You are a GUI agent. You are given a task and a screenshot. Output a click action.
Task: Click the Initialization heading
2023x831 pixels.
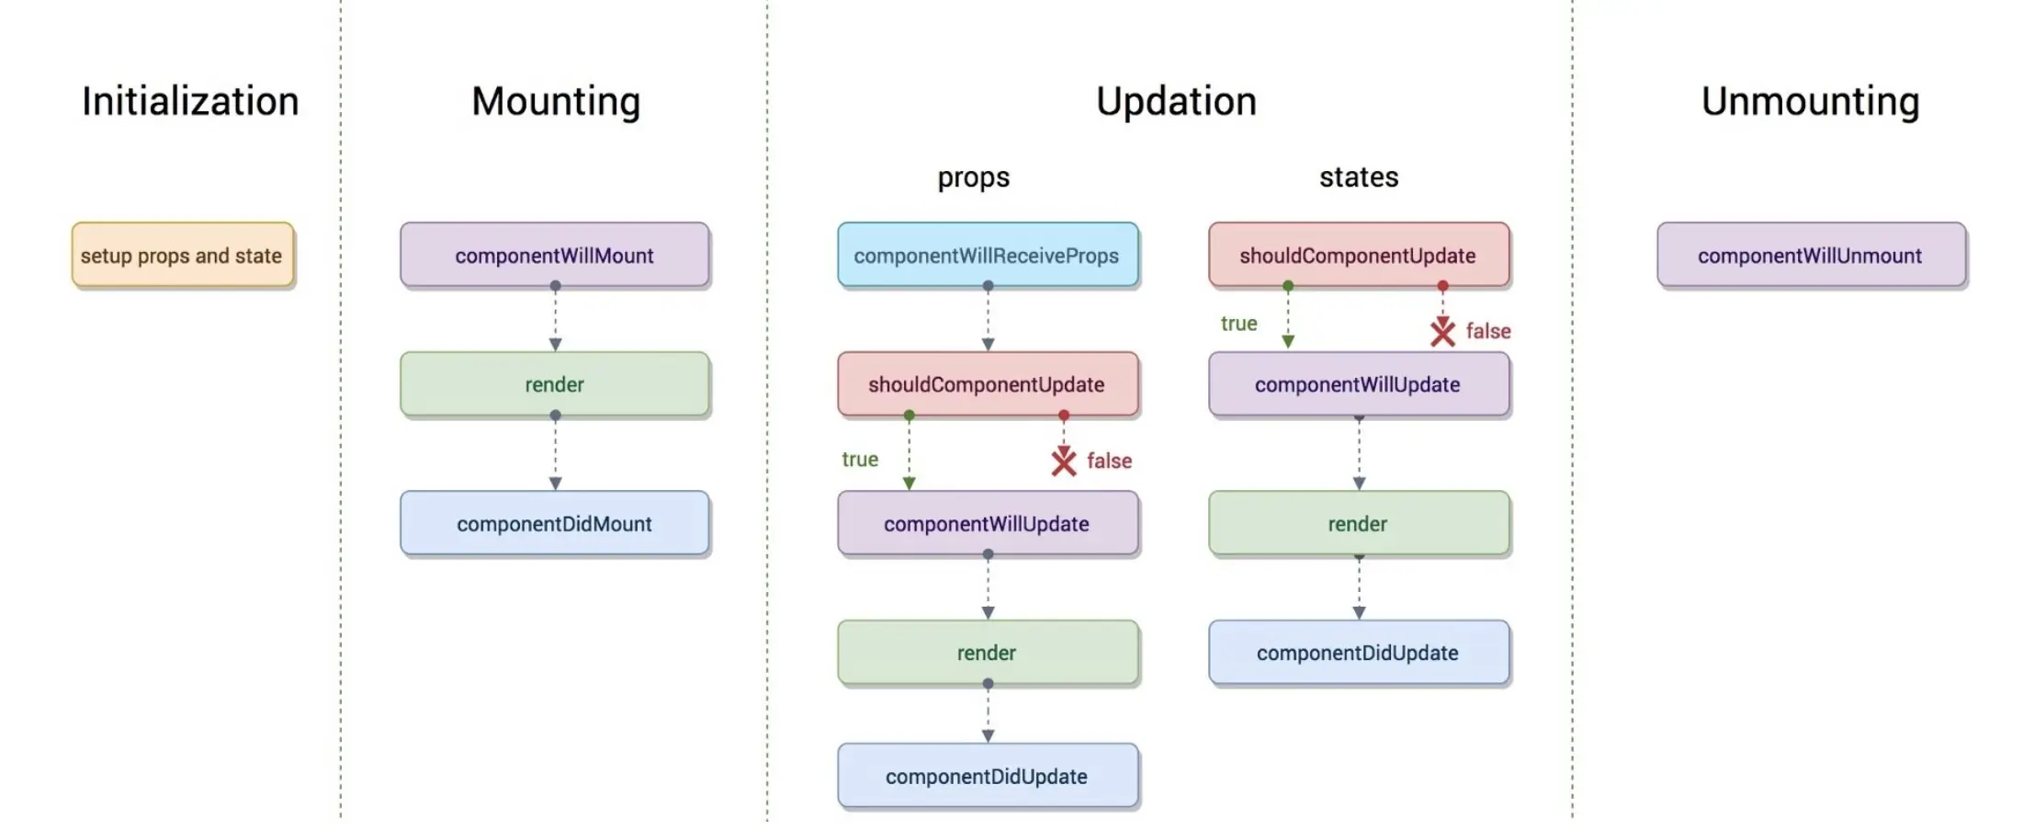[x=190, y=101]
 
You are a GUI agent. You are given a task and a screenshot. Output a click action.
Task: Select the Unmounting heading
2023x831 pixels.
[x=1810, y=102]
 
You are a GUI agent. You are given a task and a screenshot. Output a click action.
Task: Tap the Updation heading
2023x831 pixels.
[x=1176, y=102]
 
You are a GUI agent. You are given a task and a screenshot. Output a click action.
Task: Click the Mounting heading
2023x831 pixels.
[x=556, y=102]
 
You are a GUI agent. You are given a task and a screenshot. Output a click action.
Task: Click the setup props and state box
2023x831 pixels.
[x=183, y=255]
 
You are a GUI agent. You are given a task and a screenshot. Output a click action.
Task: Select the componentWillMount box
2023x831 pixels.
[x=555, y=255]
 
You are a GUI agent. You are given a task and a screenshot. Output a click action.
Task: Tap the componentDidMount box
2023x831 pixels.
[x=555, y=523]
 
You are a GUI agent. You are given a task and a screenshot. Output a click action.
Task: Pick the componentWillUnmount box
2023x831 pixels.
[x=1811, y=255]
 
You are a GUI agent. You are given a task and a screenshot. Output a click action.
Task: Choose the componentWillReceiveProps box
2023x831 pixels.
[x=988, y=255]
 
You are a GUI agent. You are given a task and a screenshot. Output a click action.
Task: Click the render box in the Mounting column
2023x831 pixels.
[x=555, y=384]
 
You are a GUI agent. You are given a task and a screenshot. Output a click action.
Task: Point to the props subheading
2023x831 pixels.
[x=973, y=177]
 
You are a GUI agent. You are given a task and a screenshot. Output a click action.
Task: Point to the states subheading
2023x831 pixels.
[x=1359, y=176]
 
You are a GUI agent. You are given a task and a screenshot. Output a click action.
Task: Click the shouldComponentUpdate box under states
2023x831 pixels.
[x=1359, y=255]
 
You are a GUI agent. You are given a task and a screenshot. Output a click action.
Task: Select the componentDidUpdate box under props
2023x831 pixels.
[x=988, y=776]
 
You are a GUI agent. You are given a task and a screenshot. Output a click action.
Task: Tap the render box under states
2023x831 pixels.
[x=1359, y=523]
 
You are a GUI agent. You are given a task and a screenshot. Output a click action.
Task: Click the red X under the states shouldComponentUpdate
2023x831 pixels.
[x=1442, y=332]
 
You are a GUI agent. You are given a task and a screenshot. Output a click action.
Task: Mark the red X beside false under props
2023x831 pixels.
[x=1064, y=461]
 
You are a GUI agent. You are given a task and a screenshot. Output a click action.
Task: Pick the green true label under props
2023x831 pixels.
[x=860, y=459]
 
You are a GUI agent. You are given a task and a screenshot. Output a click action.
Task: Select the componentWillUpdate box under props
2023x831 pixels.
[x=988, y=523]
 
